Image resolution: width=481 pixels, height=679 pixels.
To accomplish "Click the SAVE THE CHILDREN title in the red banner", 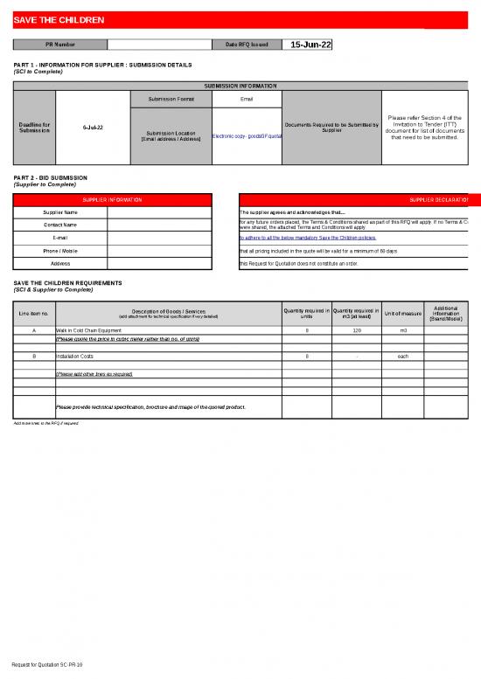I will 59,20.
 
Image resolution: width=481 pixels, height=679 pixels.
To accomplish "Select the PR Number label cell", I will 59,45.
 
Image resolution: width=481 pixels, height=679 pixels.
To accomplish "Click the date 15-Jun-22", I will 310,45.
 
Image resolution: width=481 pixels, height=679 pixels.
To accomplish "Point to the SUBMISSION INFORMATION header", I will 240,87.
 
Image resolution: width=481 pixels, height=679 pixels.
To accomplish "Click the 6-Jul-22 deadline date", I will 93,128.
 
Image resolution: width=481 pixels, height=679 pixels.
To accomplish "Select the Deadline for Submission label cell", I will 35,128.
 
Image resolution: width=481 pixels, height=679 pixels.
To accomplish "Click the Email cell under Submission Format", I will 246,99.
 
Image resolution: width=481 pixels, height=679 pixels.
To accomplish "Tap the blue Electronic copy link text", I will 247,136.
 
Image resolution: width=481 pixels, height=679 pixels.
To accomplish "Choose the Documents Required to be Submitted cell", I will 331,128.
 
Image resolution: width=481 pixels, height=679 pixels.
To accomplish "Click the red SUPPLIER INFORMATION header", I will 113,199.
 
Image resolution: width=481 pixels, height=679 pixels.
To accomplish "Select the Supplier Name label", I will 60,212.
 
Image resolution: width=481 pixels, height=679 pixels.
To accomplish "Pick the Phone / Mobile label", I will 60,251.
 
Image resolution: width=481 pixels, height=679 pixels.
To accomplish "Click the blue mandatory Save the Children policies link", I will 307,238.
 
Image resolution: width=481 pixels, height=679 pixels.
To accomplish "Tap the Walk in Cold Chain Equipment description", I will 89,331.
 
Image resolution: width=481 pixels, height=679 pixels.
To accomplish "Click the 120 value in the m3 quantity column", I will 357,331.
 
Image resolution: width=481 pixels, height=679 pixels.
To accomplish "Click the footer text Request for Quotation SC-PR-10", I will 53,665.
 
